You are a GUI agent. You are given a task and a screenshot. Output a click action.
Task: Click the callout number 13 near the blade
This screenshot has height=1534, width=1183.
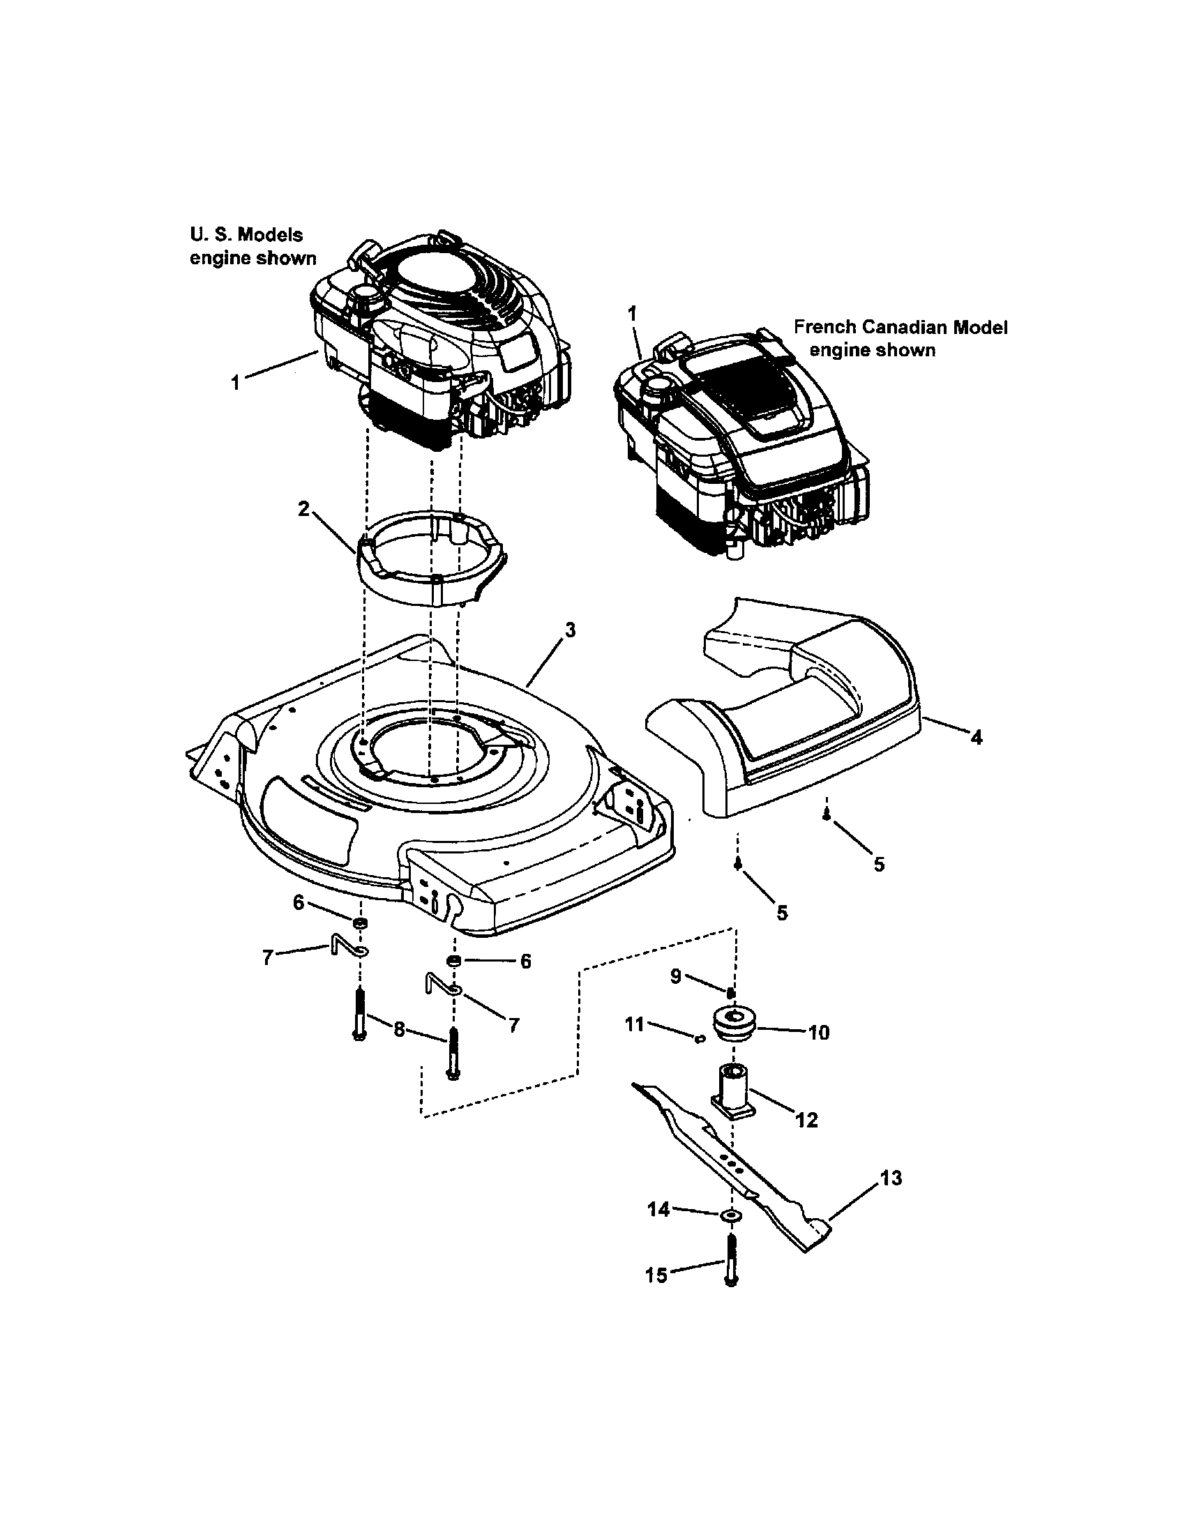coord(890,1178)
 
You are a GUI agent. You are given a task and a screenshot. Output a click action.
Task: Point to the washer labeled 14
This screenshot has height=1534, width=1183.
coord(731,1215)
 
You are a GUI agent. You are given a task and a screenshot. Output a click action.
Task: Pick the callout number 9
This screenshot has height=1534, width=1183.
coord(675,976)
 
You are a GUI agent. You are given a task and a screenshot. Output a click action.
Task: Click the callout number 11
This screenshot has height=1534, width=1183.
coord(634,1025)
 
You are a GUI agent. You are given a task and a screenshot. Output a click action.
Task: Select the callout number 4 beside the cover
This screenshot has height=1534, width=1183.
coord(976,737)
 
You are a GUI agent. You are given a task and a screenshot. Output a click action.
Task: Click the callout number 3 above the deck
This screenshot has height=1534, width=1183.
coord(570,630)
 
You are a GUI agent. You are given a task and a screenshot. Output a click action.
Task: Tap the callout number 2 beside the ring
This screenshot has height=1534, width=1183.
coord(303,508)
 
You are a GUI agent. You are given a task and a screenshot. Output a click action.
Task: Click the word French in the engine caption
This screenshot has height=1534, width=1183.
coord(824,327)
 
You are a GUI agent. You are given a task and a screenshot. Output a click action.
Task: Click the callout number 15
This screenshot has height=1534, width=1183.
coord(656,1275)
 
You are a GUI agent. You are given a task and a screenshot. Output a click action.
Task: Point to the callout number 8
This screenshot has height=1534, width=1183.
coord(399,1030)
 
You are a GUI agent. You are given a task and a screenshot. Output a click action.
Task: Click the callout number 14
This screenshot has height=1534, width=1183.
coord(658,1210)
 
